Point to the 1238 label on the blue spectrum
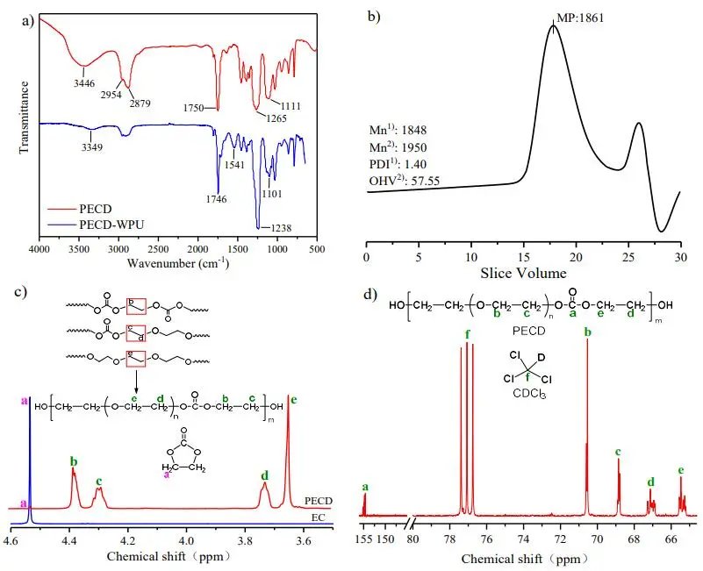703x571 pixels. tap(278, 229)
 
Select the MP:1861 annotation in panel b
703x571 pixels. tap(578, 17)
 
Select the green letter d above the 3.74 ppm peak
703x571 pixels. tap(264, 476)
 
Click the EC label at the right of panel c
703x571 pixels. tap(324, 517)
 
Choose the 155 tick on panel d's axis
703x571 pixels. tap(366, 538)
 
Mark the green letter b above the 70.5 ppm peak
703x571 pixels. tap(586, 333)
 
